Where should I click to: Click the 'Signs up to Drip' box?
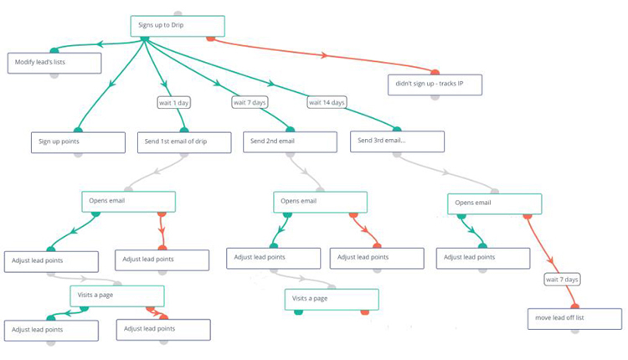coord(177,26)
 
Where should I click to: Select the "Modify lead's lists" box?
coord(54,63)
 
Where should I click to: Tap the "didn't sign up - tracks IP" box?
coord(435,84)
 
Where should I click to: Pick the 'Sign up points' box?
coord(77,141)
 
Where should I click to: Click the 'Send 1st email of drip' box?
coord(184,141)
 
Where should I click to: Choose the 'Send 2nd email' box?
coord(291,141)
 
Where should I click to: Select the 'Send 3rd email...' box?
coord(397,141)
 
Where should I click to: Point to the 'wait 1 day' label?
coord(174,102)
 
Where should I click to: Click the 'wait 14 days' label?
coord(327,102)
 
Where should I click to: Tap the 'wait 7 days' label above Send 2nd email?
coord(250,102)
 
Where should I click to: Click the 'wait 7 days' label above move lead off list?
coord(562,279)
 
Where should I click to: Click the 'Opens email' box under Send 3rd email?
coord(494,203)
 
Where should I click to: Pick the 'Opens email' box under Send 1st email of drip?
coord(128,201)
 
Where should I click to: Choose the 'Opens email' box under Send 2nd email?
coord(321,201)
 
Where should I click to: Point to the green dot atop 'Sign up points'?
coord(78,131)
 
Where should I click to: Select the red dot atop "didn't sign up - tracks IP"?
coord(435,72)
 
